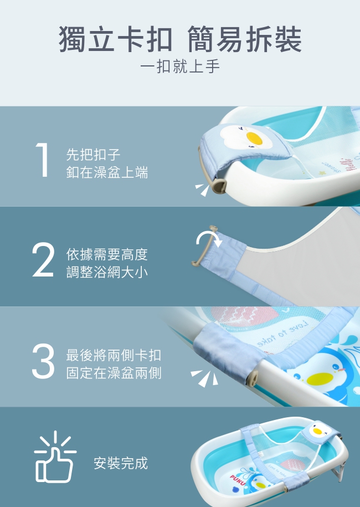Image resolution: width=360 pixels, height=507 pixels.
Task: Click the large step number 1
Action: point(43,160)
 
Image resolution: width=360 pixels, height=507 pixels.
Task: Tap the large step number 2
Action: point(43,259)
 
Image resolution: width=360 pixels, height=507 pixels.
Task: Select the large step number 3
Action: point(43,361)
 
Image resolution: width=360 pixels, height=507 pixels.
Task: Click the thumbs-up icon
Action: point(55,457)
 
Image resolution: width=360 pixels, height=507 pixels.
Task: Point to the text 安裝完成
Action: point(121,463)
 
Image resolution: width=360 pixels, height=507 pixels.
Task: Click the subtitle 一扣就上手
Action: point(179,66)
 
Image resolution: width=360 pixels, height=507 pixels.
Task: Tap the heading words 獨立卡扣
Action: point(115,39)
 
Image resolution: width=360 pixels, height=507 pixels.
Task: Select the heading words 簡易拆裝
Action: point(244,39)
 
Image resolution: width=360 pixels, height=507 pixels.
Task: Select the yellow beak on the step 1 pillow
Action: point(254,138)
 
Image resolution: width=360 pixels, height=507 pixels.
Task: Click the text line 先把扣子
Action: point(93,155)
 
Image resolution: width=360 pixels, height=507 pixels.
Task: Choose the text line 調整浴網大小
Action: point(107,272)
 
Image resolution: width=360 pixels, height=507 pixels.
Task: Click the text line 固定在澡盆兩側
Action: point(114,373)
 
